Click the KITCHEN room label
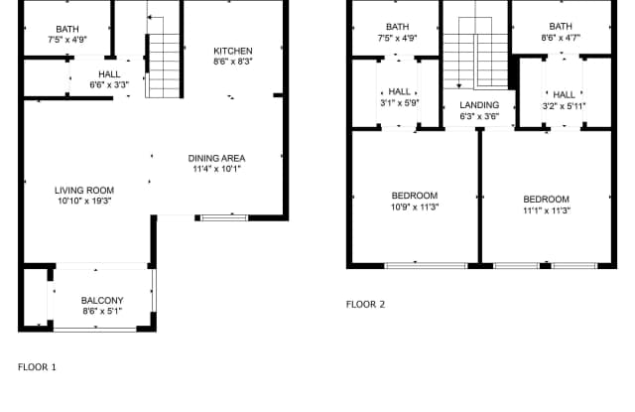pyautogui.click(x=233, y=51)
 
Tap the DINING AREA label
pyautogui.click(x=217, y=158)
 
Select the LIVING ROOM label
pyautogui.click(x=84, y=190)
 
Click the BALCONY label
pyautogui.click(x=102, y=301)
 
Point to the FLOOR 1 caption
pyautogui.click(x=38, y=367)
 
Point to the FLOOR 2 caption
pyautogui.click(x=365, y=305)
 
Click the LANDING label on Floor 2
pyautogui.click(x=479, y=104)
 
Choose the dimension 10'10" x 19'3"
pyautogui.click(x=84, y=202)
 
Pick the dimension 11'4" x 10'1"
pyautogui.click(x=217, y=170)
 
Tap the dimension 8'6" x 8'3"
pyautogui.click(x=233, y=63)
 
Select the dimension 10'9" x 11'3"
pyautogui.click(x=415, y=207)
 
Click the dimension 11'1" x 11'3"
pyautogui.click(x=547, y=210)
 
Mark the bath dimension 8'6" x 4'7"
pyautogui.click(x=561, y=39)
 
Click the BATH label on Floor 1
pyautogui.click(x=67, y=29)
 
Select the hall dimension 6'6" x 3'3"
pyautogui.click(x=109, y=85)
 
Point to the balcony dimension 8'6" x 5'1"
pyautogui.click(x=102, y=313)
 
